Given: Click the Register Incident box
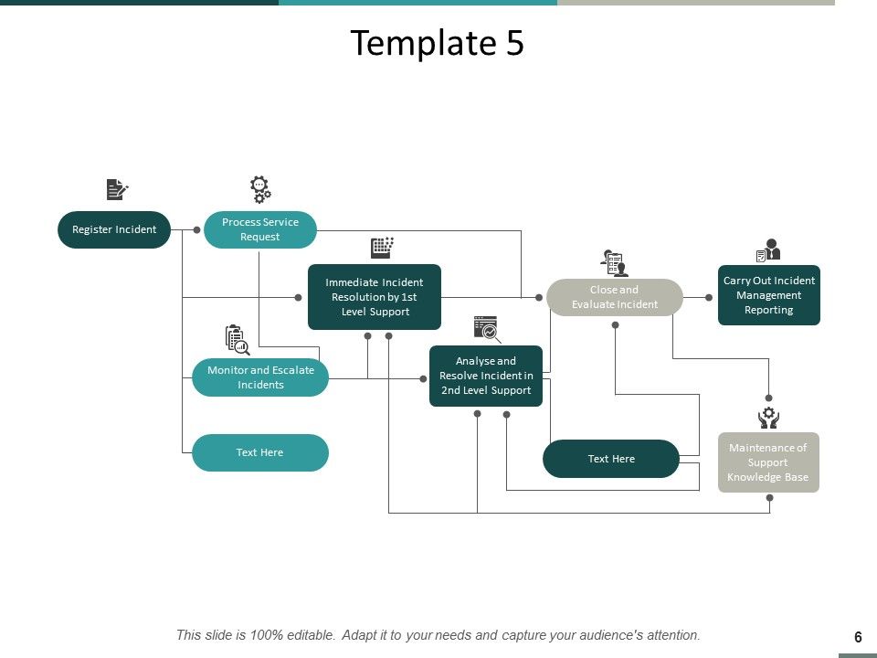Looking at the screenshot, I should pos(114,229).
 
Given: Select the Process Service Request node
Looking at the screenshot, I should pos(260,229).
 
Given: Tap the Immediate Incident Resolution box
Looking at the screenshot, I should pos(375,297).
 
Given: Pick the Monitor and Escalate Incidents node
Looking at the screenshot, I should pos(260,377).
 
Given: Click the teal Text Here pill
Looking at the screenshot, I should pos(260,452).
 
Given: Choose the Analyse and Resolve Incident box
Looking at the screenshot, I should pos(486,376).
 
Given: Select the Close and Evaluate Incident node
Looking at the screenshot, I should pos(615,297).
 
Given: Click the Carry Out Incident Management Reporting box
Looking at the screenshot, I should pos(769,295).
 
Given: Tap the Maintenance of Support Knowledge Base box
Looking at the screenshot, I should pos(768,462).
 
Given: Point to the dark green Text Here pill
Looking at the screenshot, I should pos(611,459).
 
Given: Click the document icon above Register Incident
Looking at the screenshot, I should pos(117,189).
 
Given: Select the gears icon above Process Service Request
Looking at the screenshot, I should pos(260,189).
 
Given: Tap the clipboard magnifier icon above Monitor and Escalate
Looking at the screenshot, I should pos(237,339).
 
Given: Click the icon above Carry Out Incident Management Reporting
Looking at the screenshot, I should pos(768,249).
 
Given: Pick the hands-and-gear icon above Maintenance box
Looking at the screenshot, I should pos(768,418).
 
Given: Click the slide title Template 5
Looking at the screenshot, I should pos(438,43).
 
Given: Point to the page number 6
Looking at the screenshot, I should pos(858,637).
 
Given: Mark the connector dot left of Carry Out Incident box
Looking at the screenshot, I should pos(709,297).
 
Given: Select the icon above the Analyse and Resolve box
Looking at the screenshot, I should pos(487,329).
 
